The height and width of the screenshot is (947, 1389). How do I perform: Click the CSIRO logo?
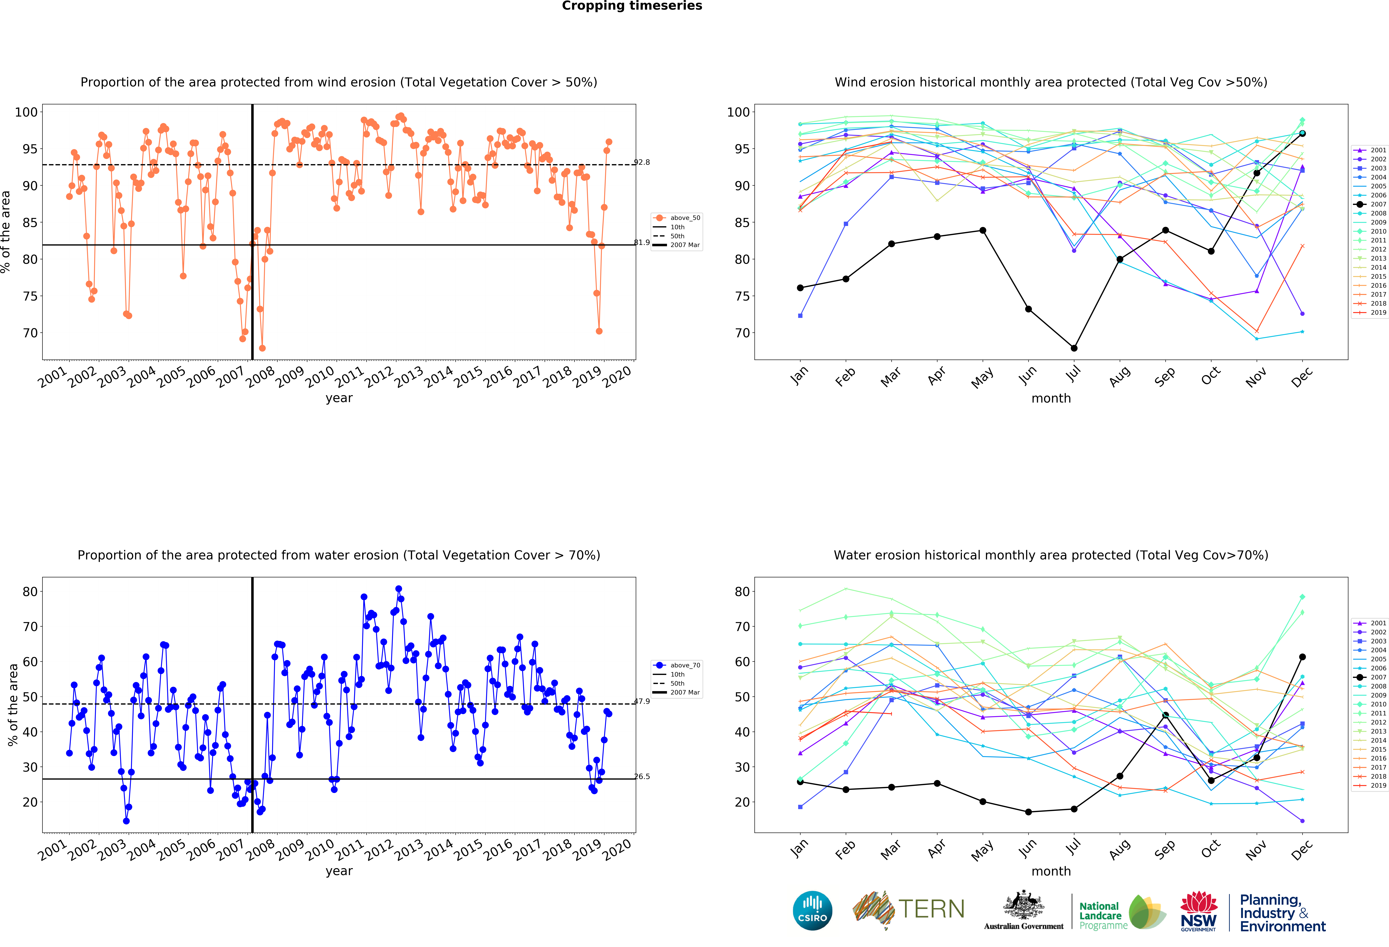(x=812, y=911)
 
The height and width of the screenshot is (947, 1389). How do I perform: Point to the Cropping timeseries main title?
(x=632, y=6)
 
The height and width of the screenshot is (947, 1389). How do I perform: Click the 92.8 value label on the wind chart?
(x=642, y=162)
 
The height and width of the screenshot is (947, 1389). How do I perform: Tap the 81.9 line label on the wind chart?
(x=642, y=242)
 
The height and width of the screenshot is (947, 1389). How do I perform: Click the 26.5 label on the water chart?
(x=642, y=776)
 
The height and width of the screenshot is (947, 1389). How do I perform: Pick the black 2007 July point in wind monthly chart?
(x=1074, y=348)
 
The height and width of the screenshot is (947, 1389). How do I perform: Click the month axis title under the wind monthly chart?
(x=1051, y=398)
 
